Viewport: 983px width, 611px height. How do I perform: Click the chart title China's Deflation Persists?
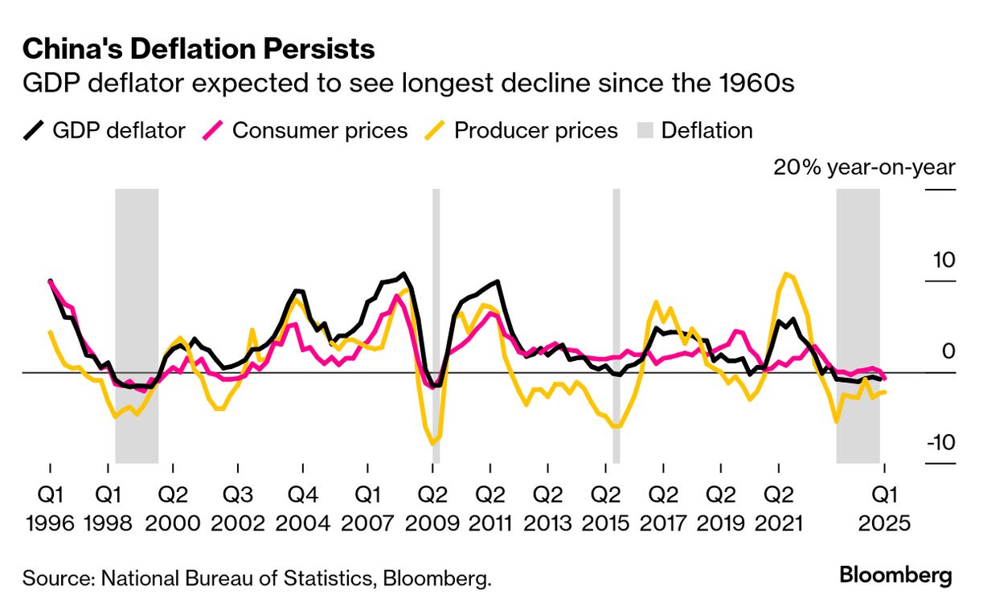point(199,50)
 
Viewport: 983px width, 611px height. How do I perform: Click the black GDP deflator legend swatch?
point(33,130)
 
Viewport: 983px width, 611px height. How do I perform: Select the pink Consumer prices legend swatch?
point(215,130)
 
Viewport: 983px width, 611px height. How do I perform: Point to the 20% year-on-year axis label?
point(864,168)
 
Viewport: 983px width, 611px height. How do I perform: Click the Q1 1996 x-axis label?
point(50,508)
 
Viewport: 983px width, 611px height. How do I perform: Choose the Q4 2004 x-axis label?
point(303,508)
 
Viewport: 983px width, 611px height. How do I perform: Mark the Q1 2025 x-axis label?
point(884,508)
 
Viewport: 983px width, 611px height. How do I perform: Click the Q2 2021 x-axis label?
point(776,508)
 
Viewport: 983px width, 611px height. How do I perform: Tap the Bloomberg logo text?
point(895,576)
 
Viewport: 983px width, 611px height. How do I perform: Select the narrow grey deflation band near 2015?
point(616,326)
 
